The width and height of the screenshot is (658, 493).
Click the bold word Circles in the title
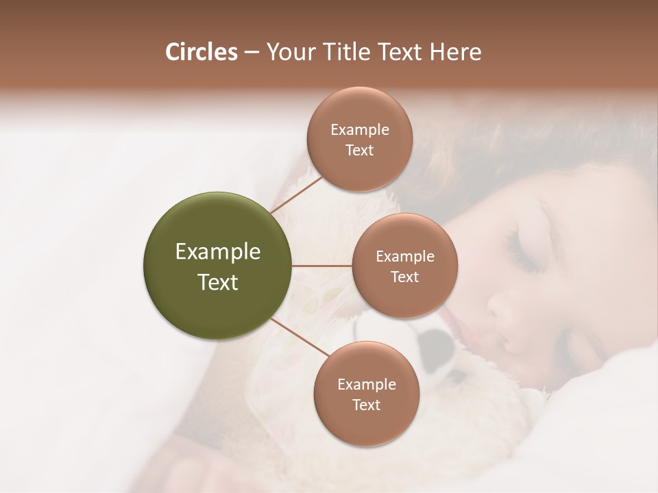click(x=201, y=52)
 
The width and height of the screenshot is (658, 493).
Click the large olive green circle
click(x=217, y=266)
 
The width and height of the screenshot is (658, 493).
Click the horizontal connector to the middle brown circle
click(x=321, y=266)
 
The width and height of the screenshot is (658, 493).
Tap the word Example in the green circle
click(x=218, y=252)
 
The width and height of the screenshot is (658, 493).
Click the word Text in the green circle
click(x=218, y=282)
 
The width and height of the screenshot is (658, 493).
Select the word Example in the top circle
click(x=359, y=130)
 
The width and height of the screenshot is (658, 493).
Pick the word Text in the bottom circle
click(x=366, y=405)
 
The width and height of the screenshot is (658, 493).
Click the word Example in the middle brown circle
click(x=404, y=257)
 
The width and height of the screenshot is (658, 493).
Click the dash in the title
click(x=251, y=52)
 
